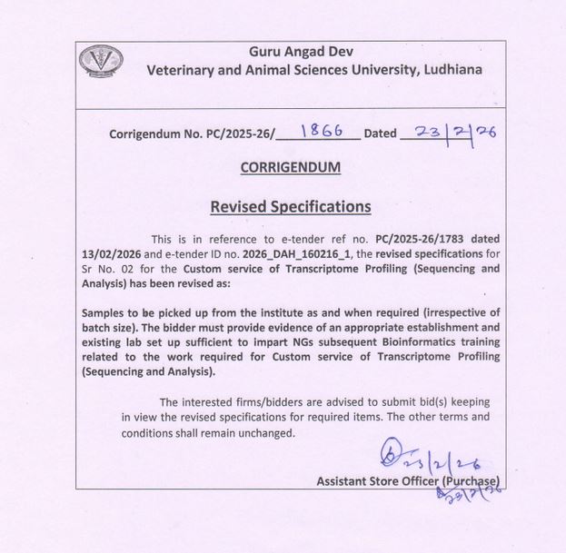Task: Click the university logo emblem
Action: click(x=101, y=61)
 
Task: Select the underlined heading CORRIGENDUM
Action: click(x=291, y=167)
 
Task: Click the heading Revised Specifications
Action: click(x=291, y=207)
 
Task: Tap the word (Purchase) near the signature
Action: click(x=471, y=481)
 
